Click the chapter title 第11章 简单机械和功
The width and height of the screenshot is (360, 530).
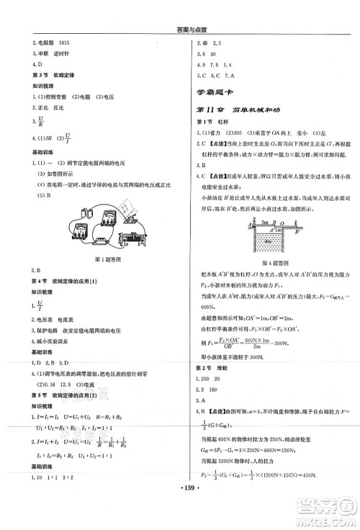coord(238,109)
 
